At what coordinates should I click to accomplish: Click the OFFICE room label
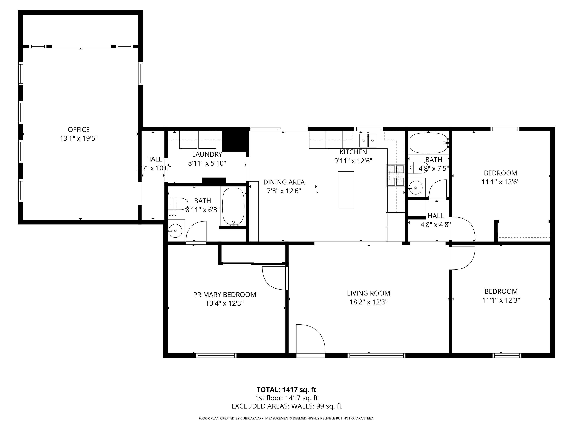tap(79, 130)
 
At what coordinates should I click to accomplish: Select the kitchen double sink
tap(368, 141)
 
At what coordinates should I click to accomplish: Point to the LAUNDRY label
tap(207, 154)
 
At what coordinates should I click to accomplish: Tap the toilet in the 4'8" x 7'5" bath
tap(418, 167)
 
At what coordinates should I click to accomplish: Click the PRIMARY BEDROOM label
tap(224, 295)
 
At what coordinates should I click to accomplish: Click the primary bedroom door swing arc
tap(275, 279)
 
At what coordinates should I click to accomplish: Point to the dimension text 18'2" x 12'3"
tap(368, 302)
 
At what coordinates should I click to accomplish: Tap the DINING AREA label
tap(284, 182)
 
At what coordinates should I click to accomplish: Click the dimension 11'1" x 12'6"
tap(500, 182)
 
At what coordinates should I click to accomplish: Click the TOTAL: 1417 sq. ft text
tap(286, 390)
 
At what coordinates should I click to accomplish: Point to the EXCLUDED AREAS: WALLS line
tap(286, 406)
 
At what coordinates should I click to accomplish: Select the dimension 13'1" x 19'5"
tap(79, 138)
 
